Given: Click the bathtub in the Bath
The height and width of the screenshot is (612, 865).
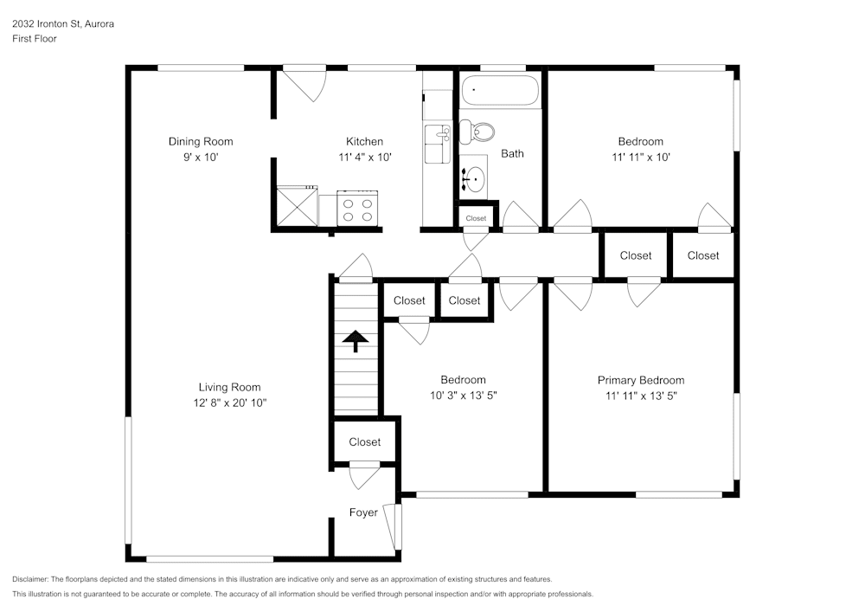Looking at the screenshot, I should pos(501,91).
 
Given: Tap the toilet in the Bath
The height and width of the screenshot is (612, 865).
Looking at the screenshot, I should pos(477,132).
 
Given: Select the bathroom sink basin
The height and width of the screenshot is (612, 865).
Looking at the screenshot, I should pos(473,180).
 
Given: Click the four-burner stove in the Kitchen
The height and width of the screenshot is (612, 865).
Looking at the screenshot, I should pos(358,209).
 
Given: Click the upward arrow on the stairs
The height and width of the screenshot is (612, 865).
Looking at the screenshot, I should pos(354,340).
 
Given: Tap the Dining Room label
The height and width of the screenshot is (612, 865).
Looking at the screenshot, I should pos(201,142).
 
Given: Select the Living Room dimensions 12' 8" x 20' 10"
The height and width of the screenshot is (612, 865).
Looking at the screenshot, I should pos(229,403).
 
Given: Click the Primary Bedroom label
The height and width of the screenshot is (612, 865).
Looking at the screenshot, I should pos(640,380).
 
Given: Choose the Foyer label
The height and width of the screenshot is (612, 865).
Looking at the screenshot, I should pos(363,512).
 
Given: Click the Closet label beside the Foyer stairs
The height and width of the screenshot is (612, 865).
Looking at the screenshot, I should pos(364,442).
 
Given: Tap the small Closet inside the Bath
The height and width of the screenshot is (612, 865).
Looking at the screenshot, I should pos(476,218).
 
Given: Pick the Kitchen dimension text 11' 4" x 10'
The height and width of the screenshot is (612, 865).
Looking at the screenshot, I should pos(364,158).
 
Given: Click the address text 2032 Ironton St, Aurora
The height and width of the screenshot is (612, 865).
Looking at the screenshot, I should pos(63,24).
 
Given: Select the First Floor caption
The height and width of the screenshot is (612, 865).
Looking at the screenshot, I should pos(35,39).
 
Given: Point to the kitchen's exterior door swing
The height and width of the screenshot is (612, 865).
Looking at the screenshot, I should pos(307,84).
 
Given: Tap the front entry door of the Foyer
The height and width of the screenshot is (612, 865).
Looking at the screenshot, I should pos(397,526).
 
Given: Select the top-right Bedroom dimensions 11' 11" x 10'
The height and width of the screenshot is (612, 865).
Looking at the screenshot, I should pos(640,158).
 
